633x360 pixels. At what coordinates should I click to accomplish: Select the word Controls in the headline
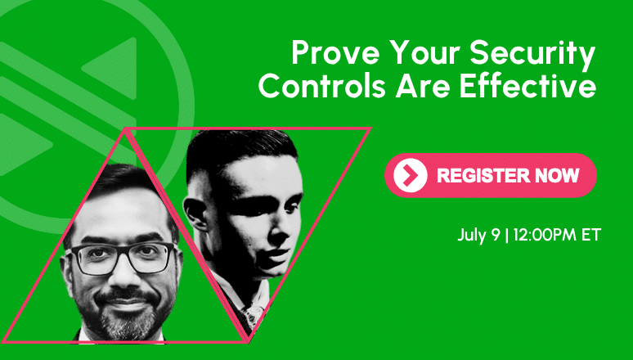321,86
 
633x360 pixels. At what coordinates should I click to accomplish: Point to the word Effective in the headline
527,86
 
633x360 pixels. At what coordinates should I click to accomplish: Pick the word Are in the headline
422,86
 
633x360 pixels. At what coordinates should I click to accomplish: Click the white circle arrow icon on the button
411,175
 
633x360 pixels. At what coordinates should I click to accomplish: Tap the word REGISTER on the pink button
483,175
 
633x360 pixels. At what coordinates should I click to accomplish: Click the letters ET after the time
591,234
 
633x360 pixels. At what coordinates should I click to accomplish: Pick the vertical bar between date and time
507,235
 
